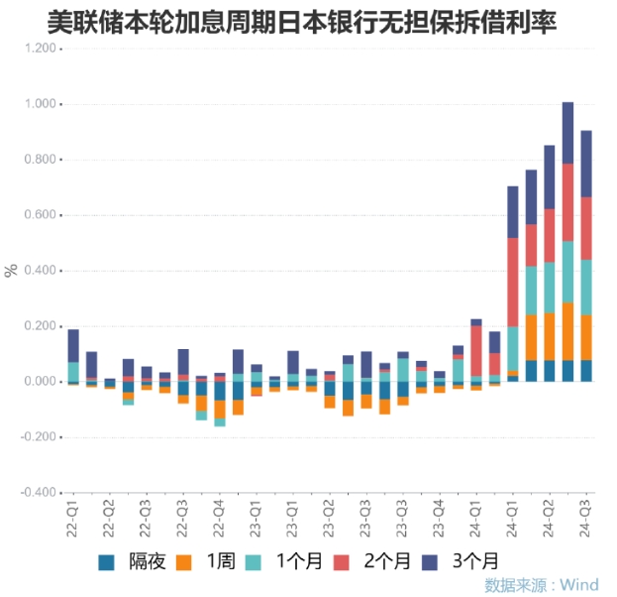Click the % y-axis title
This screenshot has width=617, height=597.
click(11, 270)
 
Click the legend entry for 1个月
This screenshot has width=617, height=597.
click(286, 562)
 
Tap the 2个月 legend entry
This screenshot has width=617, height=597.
click(375, 562)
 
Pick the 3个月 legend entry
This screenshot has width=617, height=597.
click(464, 562)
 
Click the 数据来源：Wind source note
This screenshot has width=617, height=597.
click(542, 585)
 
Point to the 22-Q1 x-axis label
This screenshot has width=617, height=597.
click(73, 517)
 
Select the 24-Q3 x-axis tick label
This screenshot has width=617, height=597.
click(586, 517)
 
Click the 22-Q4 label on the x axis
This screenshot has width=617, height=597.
click(219, 517)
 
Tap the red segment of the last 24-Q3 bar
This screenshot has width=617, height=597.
click(586, 228)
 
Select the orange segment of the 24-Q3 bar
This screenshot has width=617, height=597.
click(586, 337)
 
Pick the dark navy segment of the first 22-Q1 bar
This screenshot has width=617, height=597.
click(73, 345)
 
